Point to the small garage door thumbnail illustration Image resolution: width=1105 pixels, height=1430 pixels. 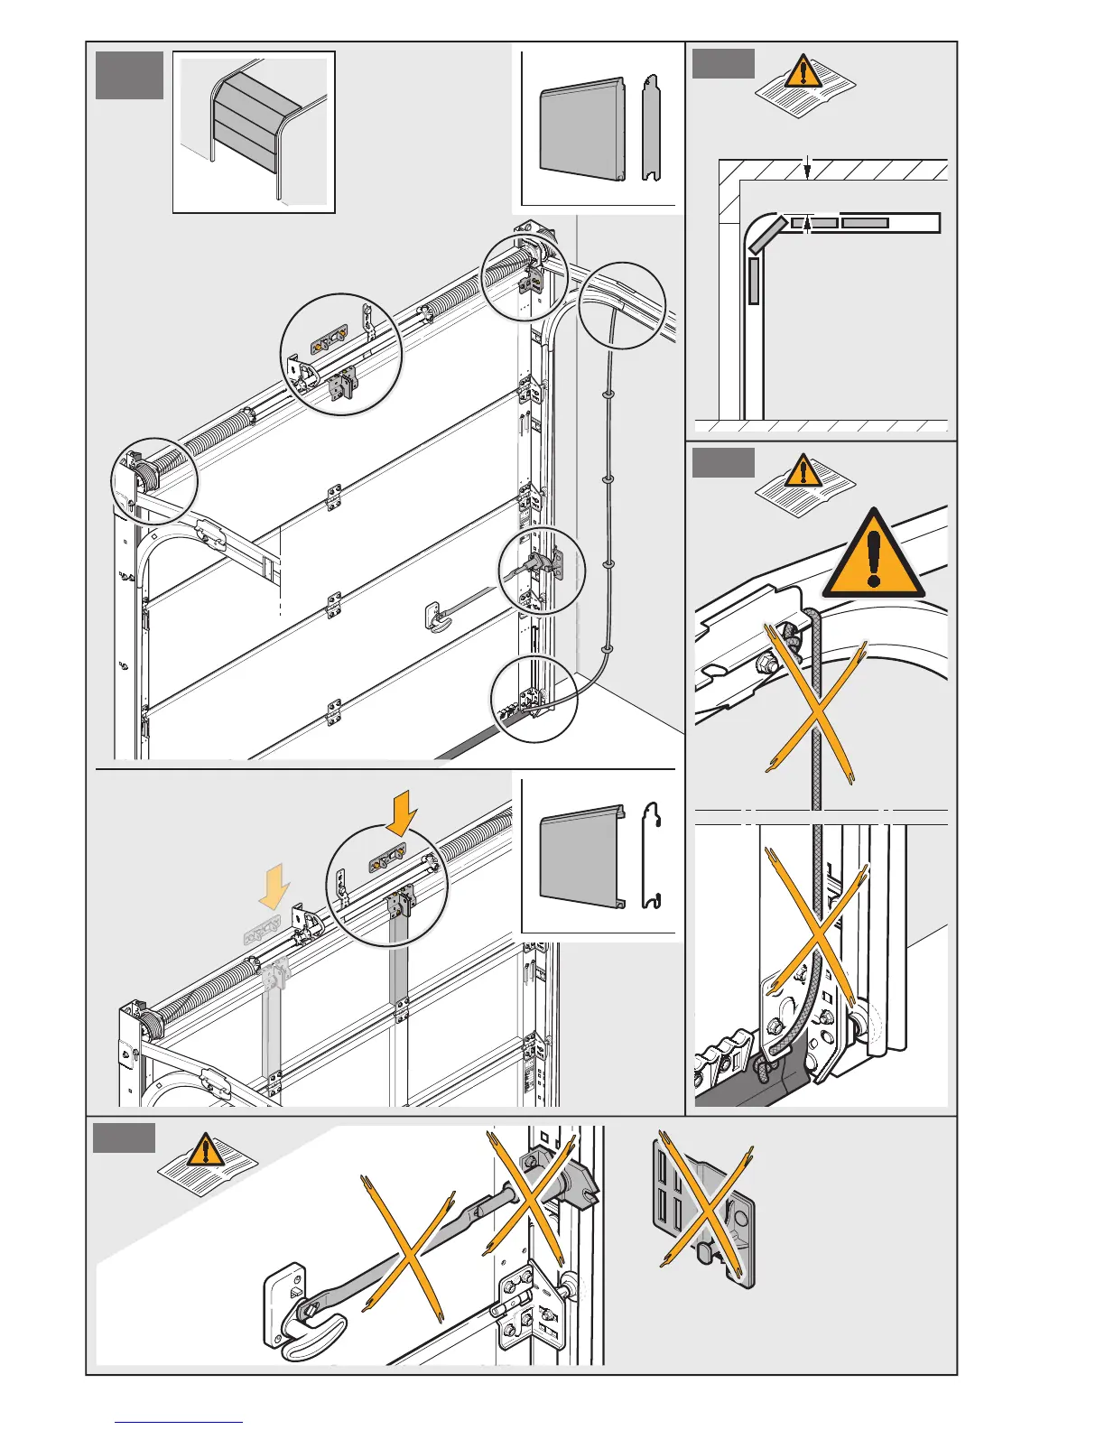pos(254,132)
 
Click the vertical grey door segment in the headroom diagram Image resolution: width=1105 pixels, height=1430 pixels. pos(754,281)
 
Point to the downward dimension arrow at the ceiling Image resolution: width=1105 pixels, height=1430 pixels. pos(807,167)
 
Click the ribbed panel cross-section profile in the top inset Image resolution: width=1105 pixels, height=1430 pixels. pos(651,128)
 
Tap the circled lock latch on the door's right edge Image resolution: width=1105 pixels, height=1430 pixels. pos(542,571)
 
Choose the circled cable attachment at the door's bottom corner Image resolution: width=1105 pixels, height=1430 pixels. pos(534,700)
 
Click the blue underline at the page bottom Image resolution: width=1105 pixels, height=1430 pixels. pos(179,1423)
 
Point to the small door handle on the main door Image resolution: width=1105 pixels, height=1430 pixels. pos(438,617)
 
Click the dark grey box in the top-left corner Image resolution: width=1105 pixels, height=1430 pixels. pos(130,75)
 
